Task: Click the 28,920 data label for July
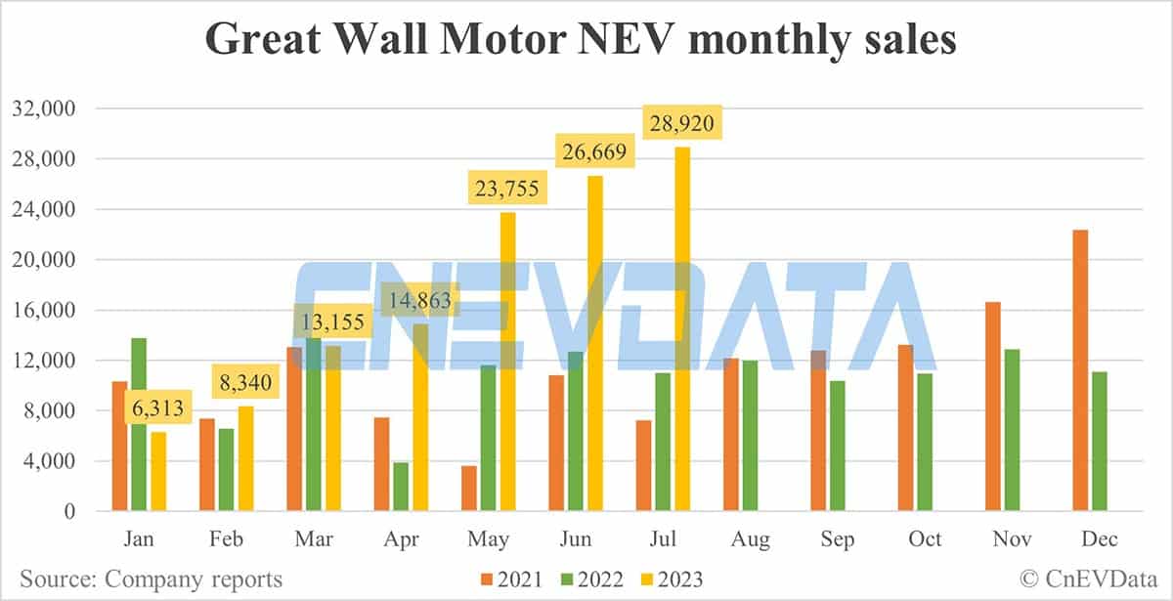click(x=682, y=123)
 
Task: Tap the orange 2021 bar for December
click(x=1080, y=370)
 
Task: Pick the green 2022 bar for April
click(x=401, y=487)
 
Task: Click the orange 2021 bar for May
click(x=469, y=489)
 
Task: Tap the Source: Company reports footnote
click(x=152, y=579)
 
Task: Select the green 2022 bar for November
click(x=1013, y=430)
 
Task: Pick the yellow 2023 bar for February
click(x=245, y=458)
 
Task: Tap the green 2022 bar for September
click(x=838, y=446)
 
